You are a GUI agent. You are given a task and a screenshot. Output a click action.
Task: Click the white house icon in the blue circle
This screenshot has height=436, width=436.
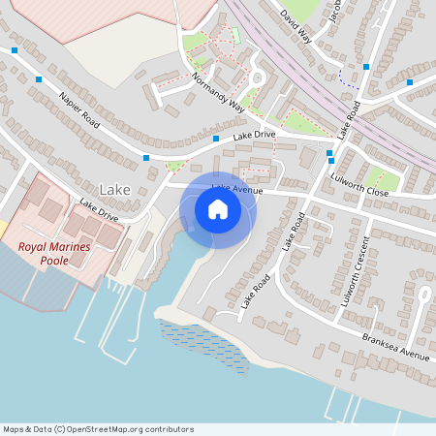[218, 209]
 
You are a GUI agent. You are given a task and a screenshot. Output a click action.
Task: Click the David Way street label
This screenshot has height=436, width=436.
[296, 26]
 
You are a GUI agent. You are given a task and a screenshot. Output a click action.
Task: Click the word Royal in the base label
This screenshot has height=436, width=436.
[35, 247]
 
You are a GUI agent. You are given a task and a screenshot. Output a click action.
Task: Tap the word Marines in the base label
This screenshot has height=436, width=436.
[72, 247]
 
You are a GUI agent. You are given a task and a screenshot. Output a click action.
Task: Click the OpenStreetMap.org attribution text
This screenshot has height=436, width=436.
[130, 429]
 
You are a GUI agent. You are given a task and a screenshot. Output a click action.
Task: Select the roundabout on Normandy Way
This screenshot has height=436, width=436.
[257, 78]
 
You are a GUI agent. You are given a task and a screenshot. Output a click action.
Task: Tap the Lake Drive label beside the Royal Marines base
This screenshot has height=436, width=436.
[99, 210]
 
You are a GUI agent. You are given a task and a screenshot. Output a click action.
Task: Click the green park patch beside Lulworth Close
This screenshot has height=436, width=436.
[384, 181]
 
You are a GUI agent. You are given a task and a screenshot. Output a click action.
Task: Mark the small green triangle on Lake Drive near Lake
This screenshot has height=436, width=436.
[174, 166]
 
